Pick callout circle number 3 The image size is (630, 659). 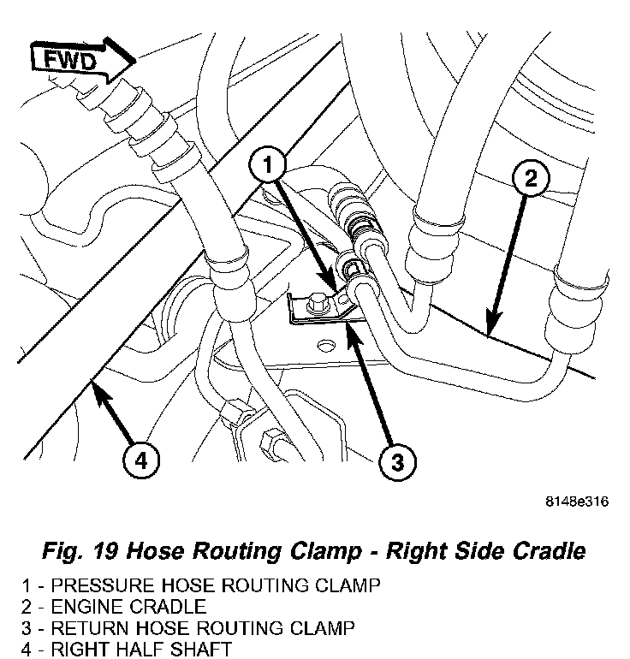(x=397, y=464)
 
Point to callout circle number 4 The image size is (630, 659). (x=141, y=462)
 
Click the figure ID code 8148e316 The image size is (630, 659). (x=578, y=503)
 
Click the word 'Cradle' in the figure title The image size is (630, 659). (x=550, y=551)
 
